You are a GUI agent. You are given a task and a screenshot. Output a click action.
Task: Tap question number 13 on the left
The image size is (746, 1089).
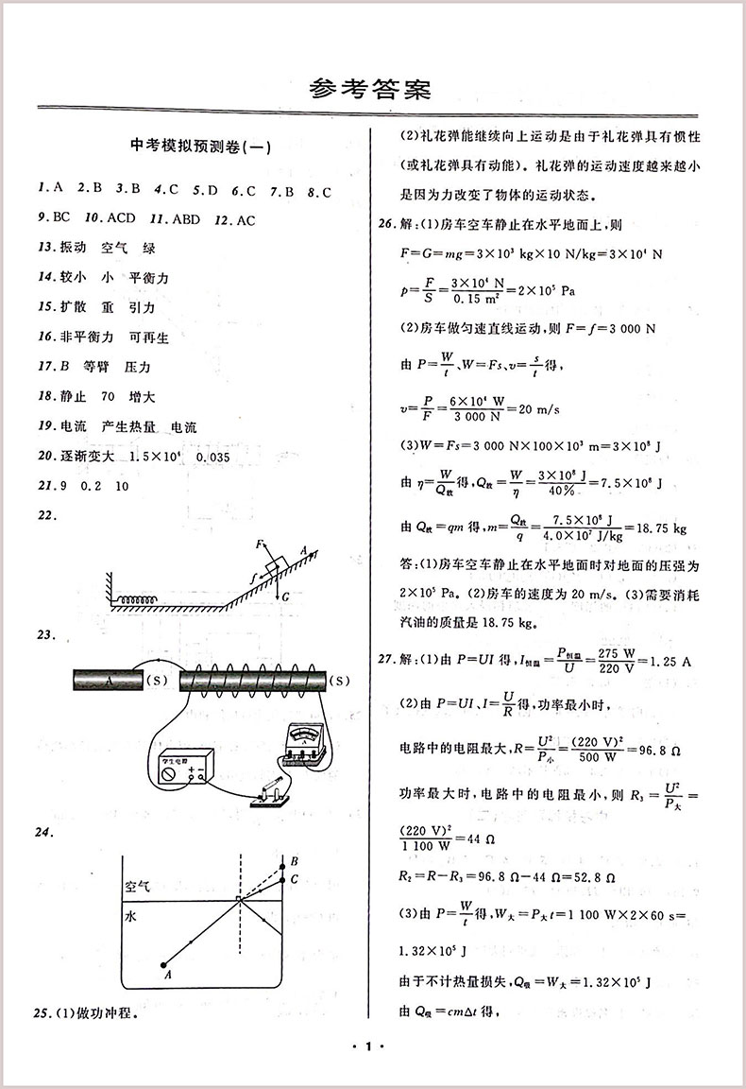pyautogui.click(x=44, y=248)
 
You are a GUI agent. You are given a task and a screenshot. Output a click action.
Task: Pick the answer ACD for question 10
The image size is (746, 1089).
pyautogui.click(x=122, y=217)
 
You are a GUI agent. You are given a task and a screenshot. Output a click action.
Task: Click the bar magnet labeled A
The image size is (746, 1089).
pyautogui.click(x=106, y=681)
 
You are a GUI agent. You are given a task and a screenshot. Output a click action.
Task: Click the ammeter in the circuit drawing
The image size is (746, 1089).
pyautogui.click(x=302, y=746)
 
